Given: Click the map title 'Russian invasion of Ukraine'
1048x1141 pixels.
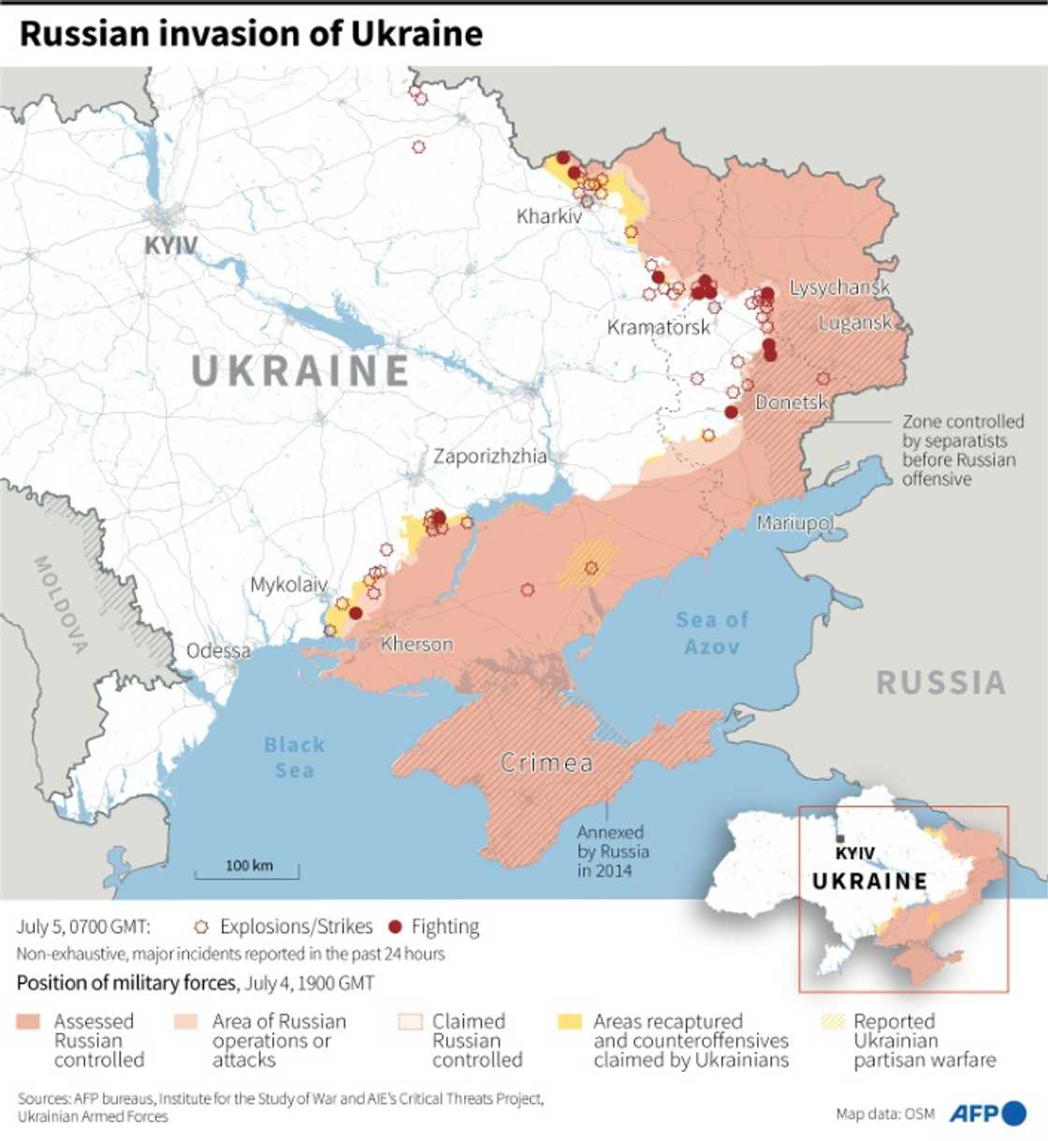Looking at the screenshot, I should (251, 34).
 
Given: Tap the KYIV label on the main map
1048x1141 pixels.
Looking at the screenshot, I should (170, 246).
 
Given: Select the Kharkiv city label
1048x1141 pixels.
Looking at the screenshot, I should (549, 216).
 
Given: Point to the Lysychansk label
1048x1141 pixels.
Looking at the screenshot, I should (839, 287).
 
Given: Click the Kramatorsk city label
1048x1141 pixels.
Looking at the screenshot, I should (659, 327).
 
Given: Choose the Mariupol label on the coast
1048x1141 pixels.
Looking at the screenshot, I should (794, 522).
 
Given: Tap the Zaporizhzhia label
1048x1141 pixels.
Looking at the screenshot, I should (489, 456).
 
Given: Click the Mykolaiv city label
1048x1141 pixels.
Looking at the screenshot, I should (288, 585).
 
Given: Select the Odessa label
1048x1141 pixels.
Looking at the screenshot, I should (218, 651).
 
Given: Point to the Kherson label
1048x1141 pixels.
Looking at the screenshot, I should (416, 644).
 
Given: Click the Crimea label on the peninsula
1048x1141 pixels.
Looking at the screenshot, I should (546, 763).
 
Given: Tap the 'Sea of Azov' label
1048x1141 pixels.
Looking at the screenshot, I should (712, 633).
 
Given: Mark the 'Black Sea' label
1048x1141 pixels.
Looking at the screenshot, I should (294, 758).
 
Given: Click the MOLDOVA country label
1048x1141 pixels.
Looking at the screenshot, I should (61, 604).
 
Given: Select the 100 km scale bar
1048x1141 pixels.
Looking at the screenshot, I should (248, 870).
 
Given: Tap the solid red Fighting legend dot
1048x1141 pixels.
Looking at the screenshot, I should (395, 927).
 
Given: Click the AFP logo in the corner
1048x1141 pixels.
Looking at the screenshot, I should (987, 1113).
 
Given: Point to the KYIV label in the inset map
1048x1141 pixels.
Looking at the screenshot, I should (854, 853).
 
